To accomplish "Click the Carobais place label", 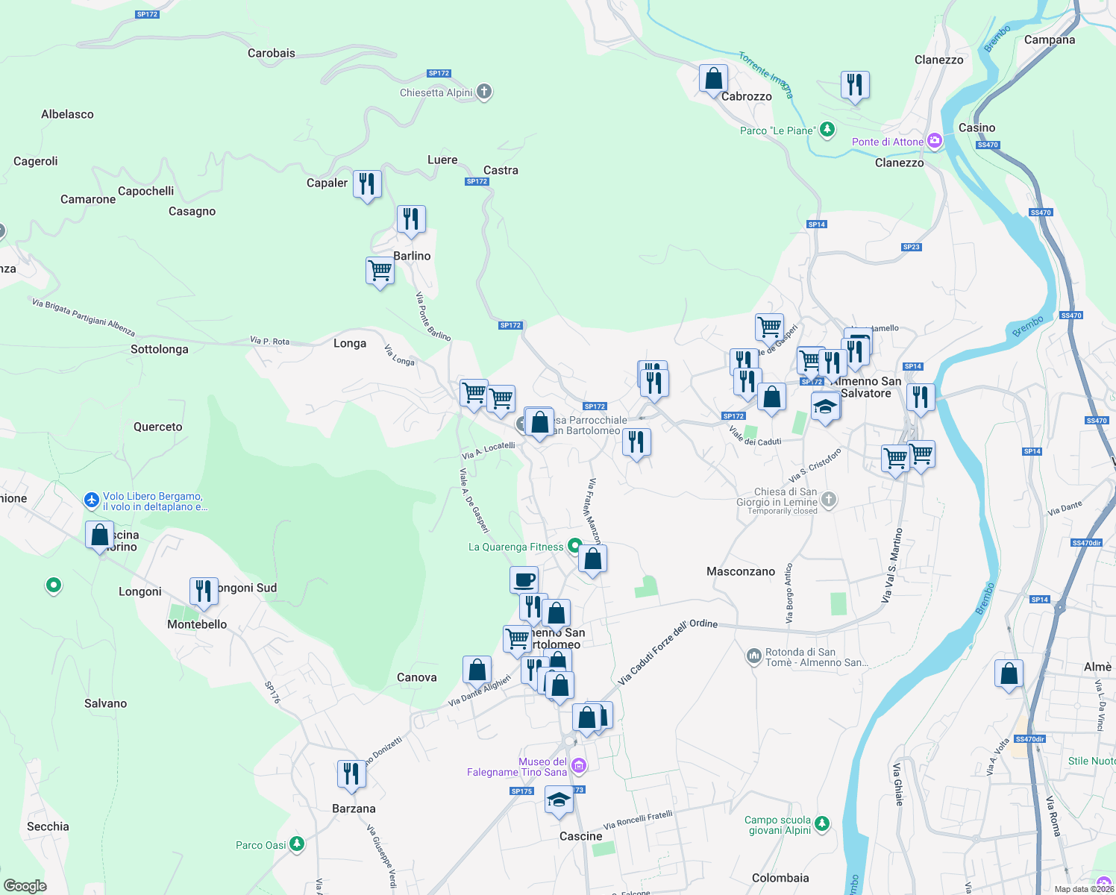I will pos(272,53).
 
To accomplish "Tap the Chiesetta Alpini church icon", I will pos(484,92).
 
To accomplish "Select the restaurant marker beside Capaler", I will pos(367,183).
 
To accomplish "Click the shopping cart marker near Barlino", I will pos(380,271).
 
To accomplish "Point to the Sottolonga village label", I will pos(160,349).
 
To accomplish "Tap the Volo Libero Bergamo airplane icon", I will pos(92,500).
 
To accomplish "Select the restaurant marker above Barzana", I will pos(351,774).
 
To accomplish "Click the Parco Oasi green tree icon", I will pos(297,844).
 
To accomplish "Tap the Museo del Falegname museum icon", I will pos(579,766).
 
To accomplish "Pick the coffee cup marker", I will pos(524,580).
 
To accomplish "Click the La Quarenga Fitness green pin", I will pos(574,546).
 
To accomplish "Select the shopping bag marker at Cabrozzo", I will pos(713,78).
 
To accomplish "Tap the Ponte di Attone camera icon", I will pos(934,141).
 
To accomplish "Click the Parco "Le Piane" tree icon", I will pos(827,130).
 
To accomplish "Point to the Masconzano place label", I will pos(741,571).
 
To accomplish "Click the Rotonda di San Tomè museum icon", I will pos(753,656).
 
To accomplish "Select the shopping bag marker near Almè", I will pos(1009,673).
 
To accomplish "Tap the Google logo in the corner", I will pos(25,885).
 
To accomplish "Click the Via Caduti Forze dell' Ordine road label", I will pos(668,652).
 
